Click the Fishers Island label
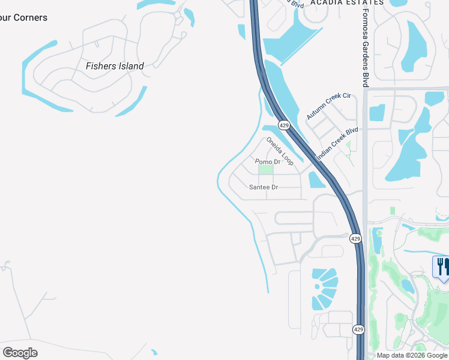115,66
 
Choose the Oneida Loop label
280,151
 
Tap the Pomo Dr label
268,162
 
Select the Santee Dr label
264,187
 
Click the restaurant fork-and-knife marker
441,267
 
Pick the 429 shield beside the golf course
356,238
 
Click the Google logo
20,352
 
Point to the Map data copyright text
412,355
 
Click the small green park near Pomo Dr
265,170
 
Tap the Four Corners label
23,18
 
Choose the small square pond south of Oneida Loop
315,179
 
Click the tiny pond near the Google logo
154,353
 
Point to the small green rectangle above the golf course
392,211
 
